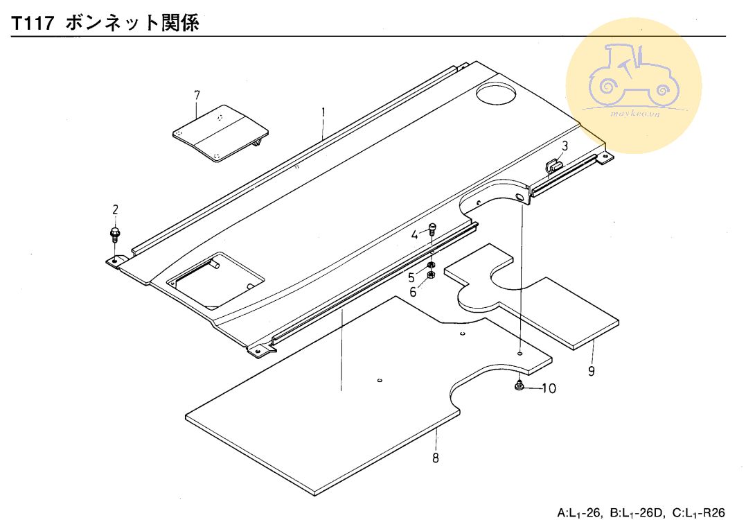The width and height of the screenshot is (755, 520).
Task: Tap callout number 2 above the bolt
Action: pos(115,209)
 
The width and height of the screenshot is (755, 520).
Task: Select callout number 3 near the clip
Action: pos(565,146)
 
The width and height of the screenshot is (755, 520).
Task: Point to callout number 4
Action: pos(415,235)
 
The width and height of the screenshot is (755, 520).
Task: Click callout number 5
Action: pos(411,277)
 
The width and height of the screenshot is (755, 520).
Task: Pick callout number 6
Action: pos(413,292)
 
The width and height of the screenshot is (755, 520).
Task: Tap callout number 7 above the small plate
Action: pos(197,94)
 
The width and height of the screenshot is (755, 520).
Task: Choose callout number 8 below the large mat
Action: pos(435,458)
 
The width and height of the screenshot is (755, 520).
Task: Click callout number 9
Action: pos(591,371)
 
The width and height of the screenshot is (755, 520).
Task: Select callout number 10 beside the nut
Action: pos(548,388)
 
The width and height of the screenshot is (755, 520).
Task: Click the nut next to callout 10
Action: pos(519,385)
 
